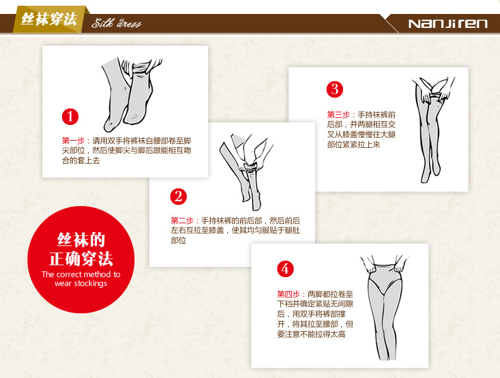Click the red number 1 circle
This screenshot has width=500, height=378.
pos(70,117)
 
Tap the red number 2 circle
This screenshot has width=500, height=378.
pos(178,197)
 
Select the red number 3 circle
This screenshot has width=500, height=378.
pos(335,89)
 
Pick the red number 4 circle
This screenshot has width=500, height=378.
pos(285,269)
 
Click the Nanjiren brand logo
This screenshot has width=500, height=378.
pos(447,23)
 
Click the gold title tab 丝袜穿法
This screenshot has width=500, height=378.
pos(49,20)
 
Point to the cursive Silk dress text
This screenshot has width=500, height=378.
pos(116,23)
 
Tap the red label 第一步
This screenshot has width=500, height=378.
pos(73,141)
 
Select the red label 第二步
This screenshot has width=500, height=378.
pos(182,221)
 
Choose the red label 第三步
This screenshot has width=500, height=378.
pos(339,114)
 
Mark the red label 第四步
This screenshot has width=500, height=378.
pos(289,294)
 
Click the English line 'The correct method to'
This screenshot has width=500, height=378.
pos(81,274)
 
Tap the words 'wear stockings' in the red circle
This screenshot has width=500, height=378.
pos(81,283)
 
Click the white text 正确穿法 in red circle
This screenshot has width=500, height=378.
pos(81,259)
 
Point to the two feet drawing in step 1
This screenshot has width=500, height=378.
pos(132,94)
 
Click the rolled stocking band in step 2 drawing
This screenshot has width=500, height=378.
pos(249,167)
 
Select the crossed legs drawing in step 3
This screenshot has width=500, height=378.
pos(433,130)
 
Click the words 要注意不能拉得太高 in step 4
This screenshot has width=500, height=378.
pos(311,334)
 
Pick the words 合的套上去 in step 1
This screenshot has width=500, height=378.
pos(81,160)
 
